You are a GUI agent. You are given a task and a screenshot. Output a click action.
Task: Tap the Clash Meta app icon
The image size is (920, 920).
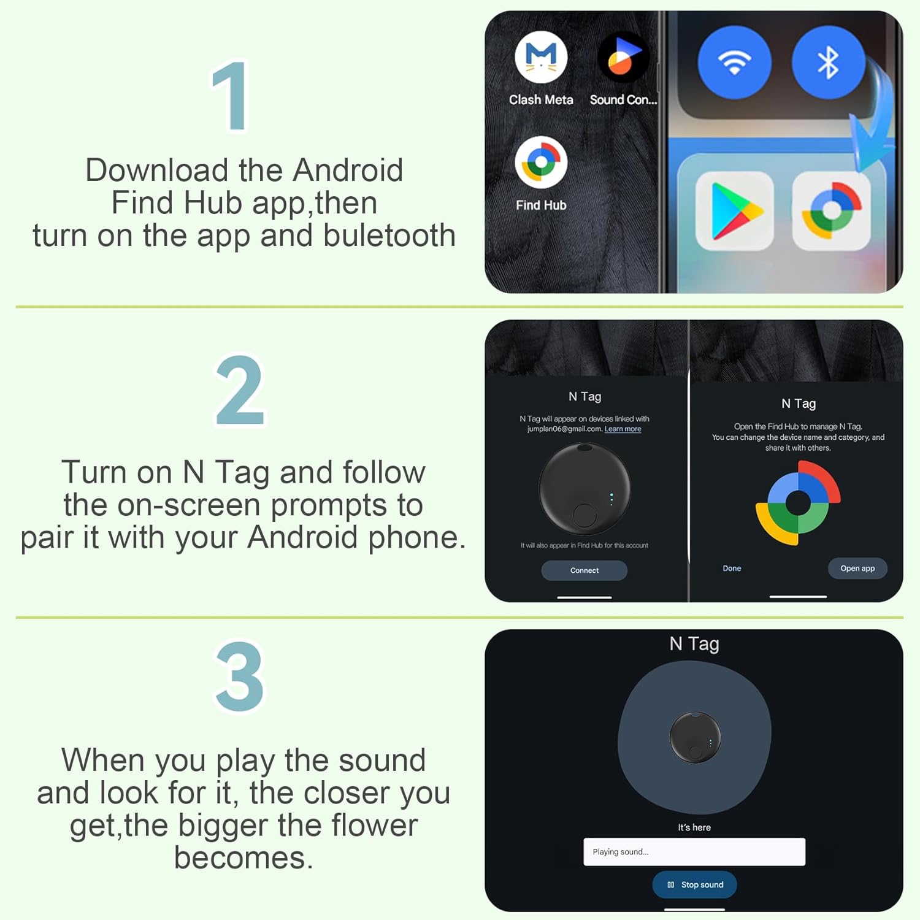[540, 58]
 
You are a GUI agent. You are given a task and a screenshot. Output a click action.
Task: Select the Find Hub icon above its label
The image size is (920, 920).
[540, 163]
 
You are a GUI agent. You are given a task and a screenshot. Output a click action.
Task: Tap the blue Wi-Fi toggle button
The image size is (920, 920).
[734, 62]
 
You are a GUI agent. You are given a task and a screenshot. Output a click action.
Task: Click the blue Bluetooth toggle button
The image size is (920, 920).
[828, 62]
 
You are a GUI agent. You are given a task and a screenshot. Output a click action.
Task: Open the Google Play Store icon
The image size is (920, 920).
[734, 211]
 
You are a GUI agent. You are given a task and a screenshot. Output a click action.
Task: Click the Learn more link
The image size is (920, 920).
[623, 429]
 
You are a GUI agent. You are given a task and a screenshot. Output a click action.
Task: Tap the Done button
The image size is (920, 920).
[732, 569]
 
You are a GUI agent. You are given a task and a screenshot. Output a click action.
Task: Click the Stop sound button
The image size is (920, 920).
[694, 884]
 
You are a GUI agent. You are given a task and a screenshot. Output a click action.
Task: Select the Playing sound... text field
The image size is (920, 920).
[694, 852]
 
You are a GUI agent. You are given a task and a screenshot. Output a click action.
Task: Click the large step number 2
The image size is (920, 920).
[240, 391]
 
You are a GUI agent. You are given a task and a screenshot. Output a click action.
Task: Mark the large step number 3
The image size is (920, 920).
[239, 677]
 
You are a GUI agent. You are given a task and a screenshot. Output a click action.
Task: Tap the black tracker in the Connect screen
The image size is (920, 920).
[584, 489]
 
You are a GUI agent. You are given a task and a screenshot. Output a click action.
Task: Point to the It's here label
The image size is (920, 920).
[694, 827]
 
